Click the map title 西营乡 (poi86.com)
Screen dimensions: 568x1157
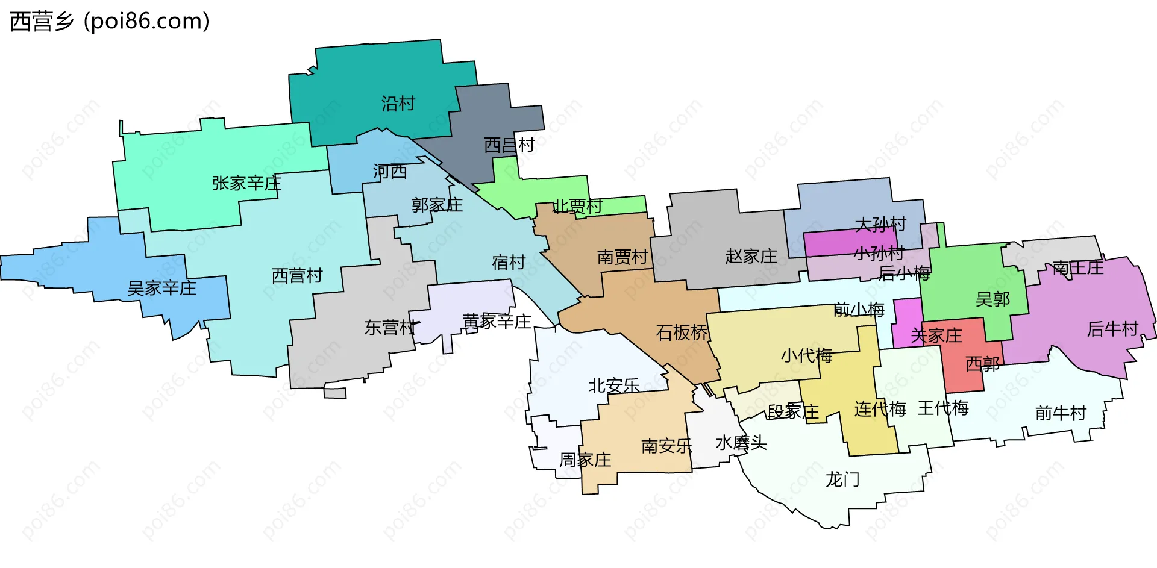point(110,21)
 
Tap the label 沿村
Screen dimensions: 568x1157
point(398,104)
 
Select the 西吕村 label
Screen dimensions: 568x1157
point(509,145)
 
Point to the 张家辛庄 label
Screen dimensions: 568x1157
point(246,183)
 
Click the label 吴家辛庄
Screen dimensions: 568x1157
point(161,288)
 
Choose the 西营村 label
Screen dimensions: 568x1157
point(297,276)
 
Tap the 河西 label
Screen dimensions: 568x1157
point(390,172)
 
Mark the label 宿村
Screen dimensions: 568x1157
point(509,262)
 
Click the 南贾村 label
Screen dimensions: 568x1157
point(622,257)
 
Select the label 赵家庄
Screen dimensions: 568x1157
point(751,256)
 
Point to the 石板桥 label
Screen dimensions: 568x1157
point(682,332)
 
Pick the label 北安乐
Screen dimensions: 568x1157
point(613,385)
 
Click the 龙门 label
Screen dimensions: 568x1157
point(842,479)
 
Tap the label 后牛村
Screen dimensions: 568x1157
point(1112,329)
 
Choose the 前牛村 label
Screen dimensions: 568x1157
point(1061,413)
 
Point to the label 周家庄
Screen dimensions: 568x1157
point(585,460)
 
